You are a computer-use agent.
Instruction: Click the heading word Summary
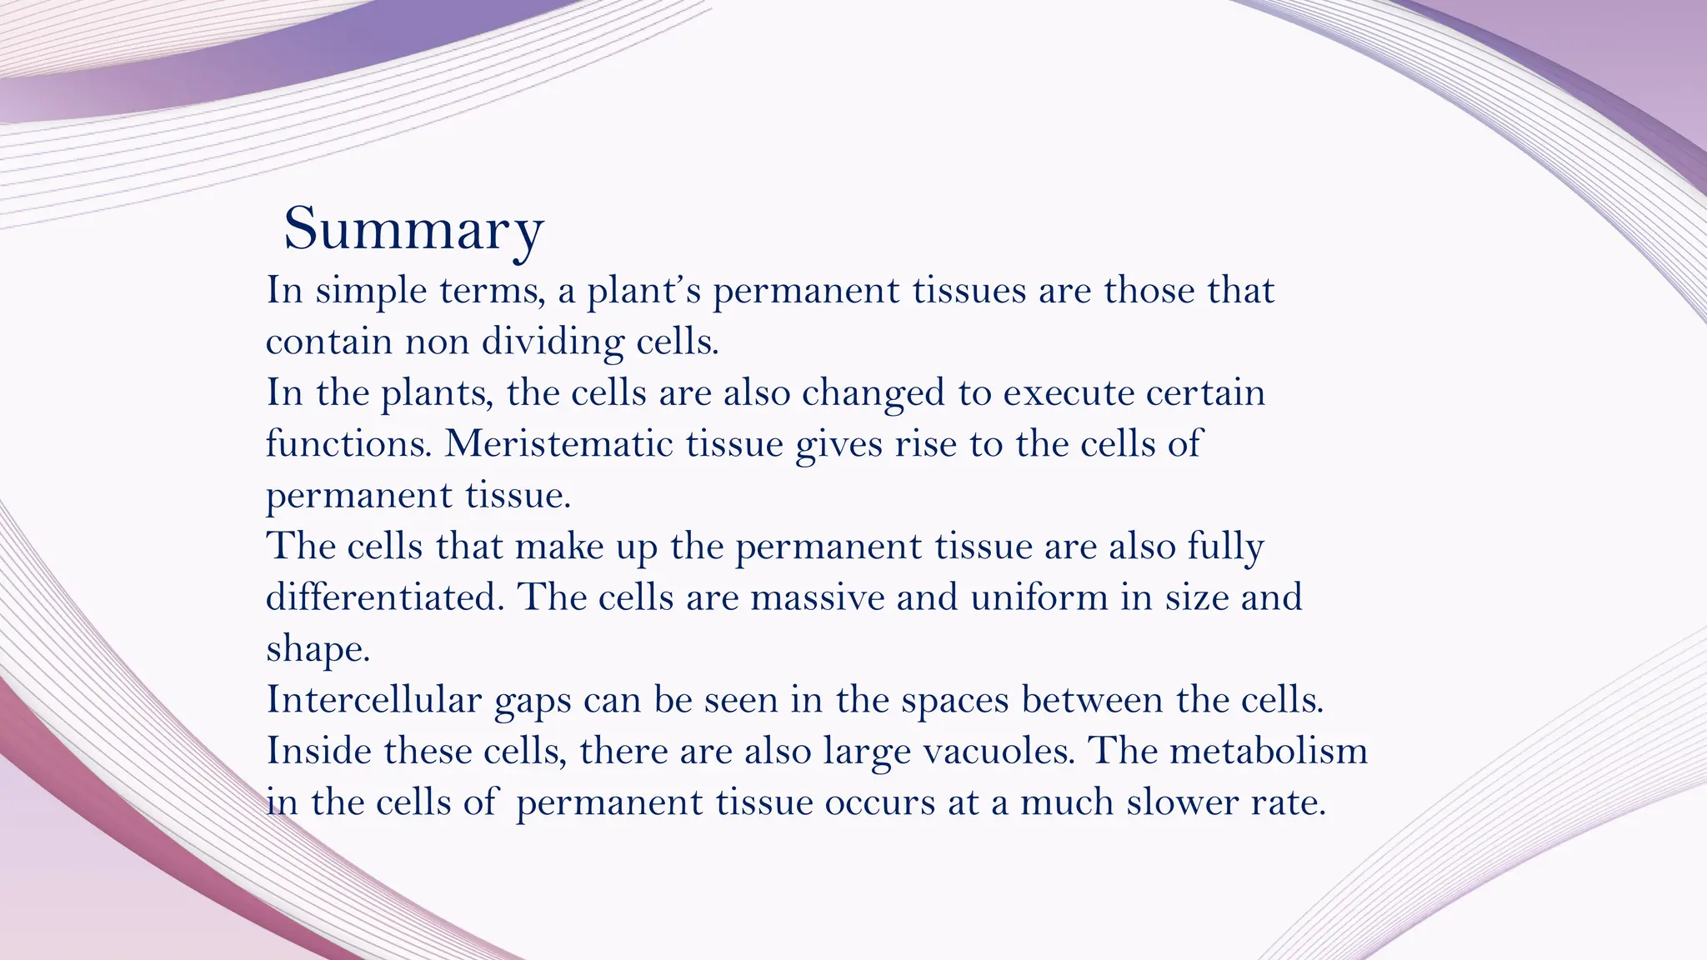pos(413,228)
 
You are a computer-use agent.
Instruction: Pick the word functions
pos(348,443)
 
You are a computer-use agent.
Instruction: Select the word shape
pos(317,649)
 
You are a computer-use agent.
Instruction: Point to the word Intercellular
pos(373,699)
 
